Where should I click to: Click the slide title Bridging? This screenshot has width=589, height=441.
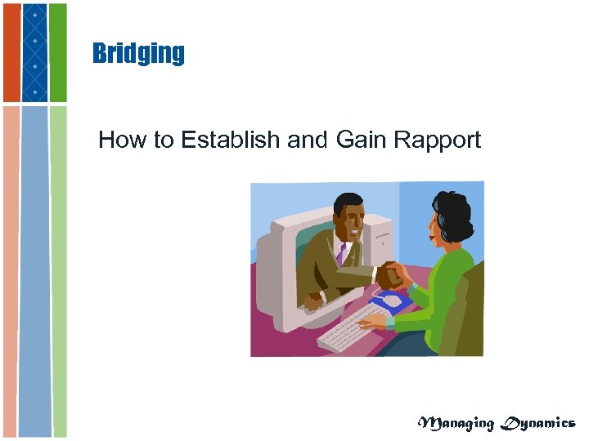point(138,54)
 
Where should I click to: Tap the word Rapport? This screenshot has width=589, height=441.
point(437,140)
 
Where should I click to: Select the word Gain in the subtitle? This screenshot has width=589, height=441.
point(361,140)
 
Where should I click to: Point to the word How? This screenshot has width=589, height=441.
point(119,140)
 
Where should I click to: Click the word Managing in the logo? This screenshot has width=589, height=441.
point(456,423)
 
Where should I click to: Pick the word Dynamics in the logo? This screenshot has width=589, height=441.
point(537,423)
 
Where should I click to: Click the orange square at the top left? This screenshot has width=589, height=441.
point(11,52)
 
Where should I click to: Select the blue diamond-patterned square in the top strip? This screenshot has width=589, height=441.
point(34,52)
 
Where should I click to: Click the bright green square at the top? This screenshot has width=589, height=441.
point(58,52)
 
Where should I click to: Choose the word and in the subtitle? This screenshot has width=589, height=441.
point(308,140)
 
